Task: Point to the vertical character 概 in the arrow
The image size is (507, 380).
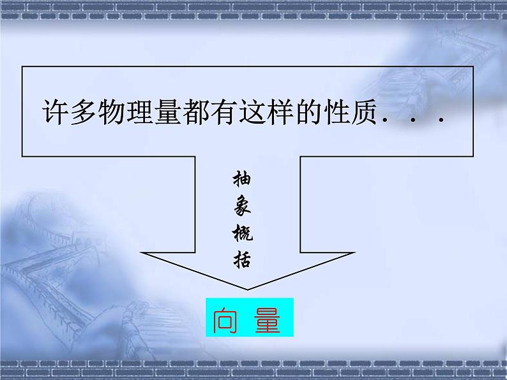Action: pos(243,234)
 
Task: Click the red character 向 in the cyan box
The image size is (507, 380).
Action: pos(226,320)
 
